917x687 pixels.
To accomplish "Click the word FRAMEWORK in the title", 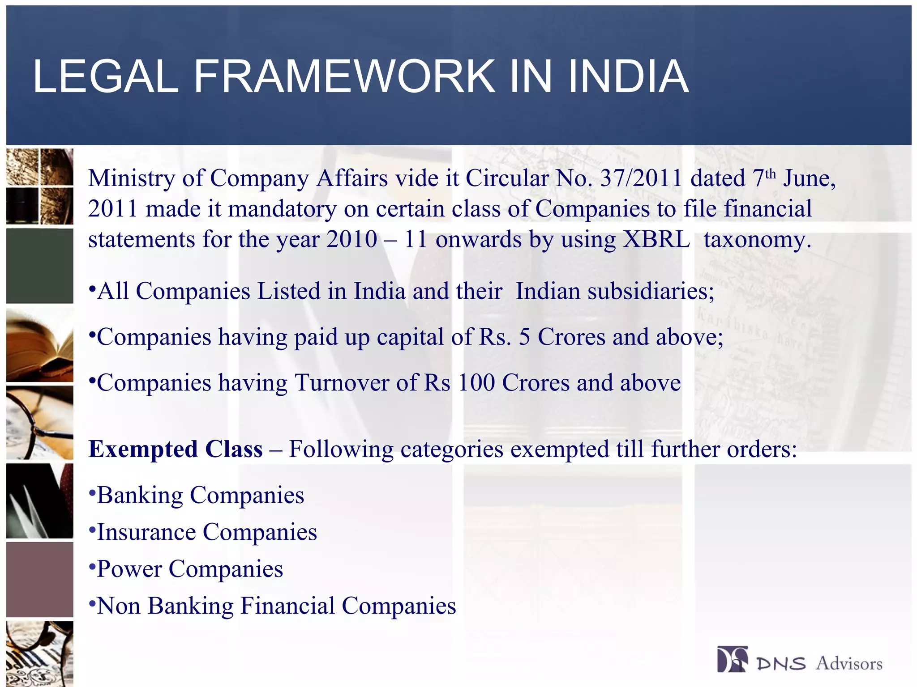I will tap(344, 77).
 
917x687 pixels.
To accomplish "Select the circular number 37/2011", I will tap(641, 178).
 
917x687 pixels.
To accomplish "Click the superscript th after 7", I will tap(770, 174).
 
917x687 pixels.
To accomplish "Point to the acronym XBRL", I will tap(656, 239).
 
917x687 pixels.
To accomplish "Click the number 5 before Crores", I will tap(524, 337).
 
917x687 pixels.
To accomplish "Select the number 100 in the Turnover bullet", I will tap(476, 383).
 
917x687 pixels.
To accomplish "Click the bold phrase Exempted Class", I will tap(176, 450).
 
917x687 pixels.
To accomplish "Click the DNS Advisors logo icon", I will tap(732, 659).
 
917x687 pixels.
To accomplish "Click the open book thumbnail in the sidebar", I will tap(40, 345).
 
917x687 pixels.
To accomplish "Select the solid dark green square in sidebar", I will tap(40, 266).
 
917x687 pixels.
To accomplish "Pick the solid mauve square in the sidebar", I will tap(40, 580).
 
